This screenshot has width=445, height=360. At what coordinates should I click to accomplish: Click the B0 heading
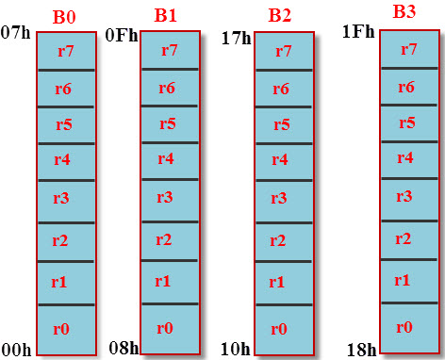(x=62, y=18)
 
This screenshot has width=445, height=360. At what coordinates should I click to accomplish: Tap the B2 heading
(x=279, y=15)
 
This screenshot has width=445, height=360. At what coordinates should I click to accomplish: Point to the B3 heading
(x=404, y=12)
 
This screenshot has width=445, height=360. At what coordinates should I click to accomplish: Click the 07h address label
(x=16, y=34)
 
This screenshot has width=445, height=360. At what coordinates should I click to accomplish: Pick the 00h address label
(x=16, y=350)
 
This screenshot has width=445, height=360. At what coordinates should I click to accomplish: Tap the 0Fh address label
(x=121, y=36)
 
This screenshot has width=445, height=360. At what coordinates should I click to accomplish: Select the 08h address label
(x=123, y=348)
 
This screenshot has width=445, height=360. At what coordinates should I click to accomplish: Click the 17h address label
(x=236, y=39)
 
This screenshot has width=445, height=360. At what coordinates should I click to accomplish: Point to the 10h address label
(x=235, y=349)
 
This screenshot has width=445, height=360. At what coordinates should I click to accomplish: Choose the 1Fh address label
(x=358, y=31)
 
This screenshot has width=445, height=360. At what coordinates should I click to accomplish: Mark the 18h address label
(x=360, y=350)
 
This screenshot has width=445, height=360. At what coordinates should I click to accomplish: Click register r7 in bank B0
(x=62, y=51)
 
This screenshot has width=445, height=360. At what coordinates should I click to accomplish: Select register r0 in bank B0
(x=62, y=329)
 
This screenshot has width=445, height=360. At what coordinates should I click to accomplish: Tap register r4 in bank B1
(x=165, y=158)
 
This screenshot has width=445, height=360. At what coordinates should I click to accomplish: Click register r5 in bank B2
(x=279, y=124)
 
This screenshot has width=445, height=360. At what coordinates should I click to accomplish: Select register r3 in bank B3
(x=404, y=196)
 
